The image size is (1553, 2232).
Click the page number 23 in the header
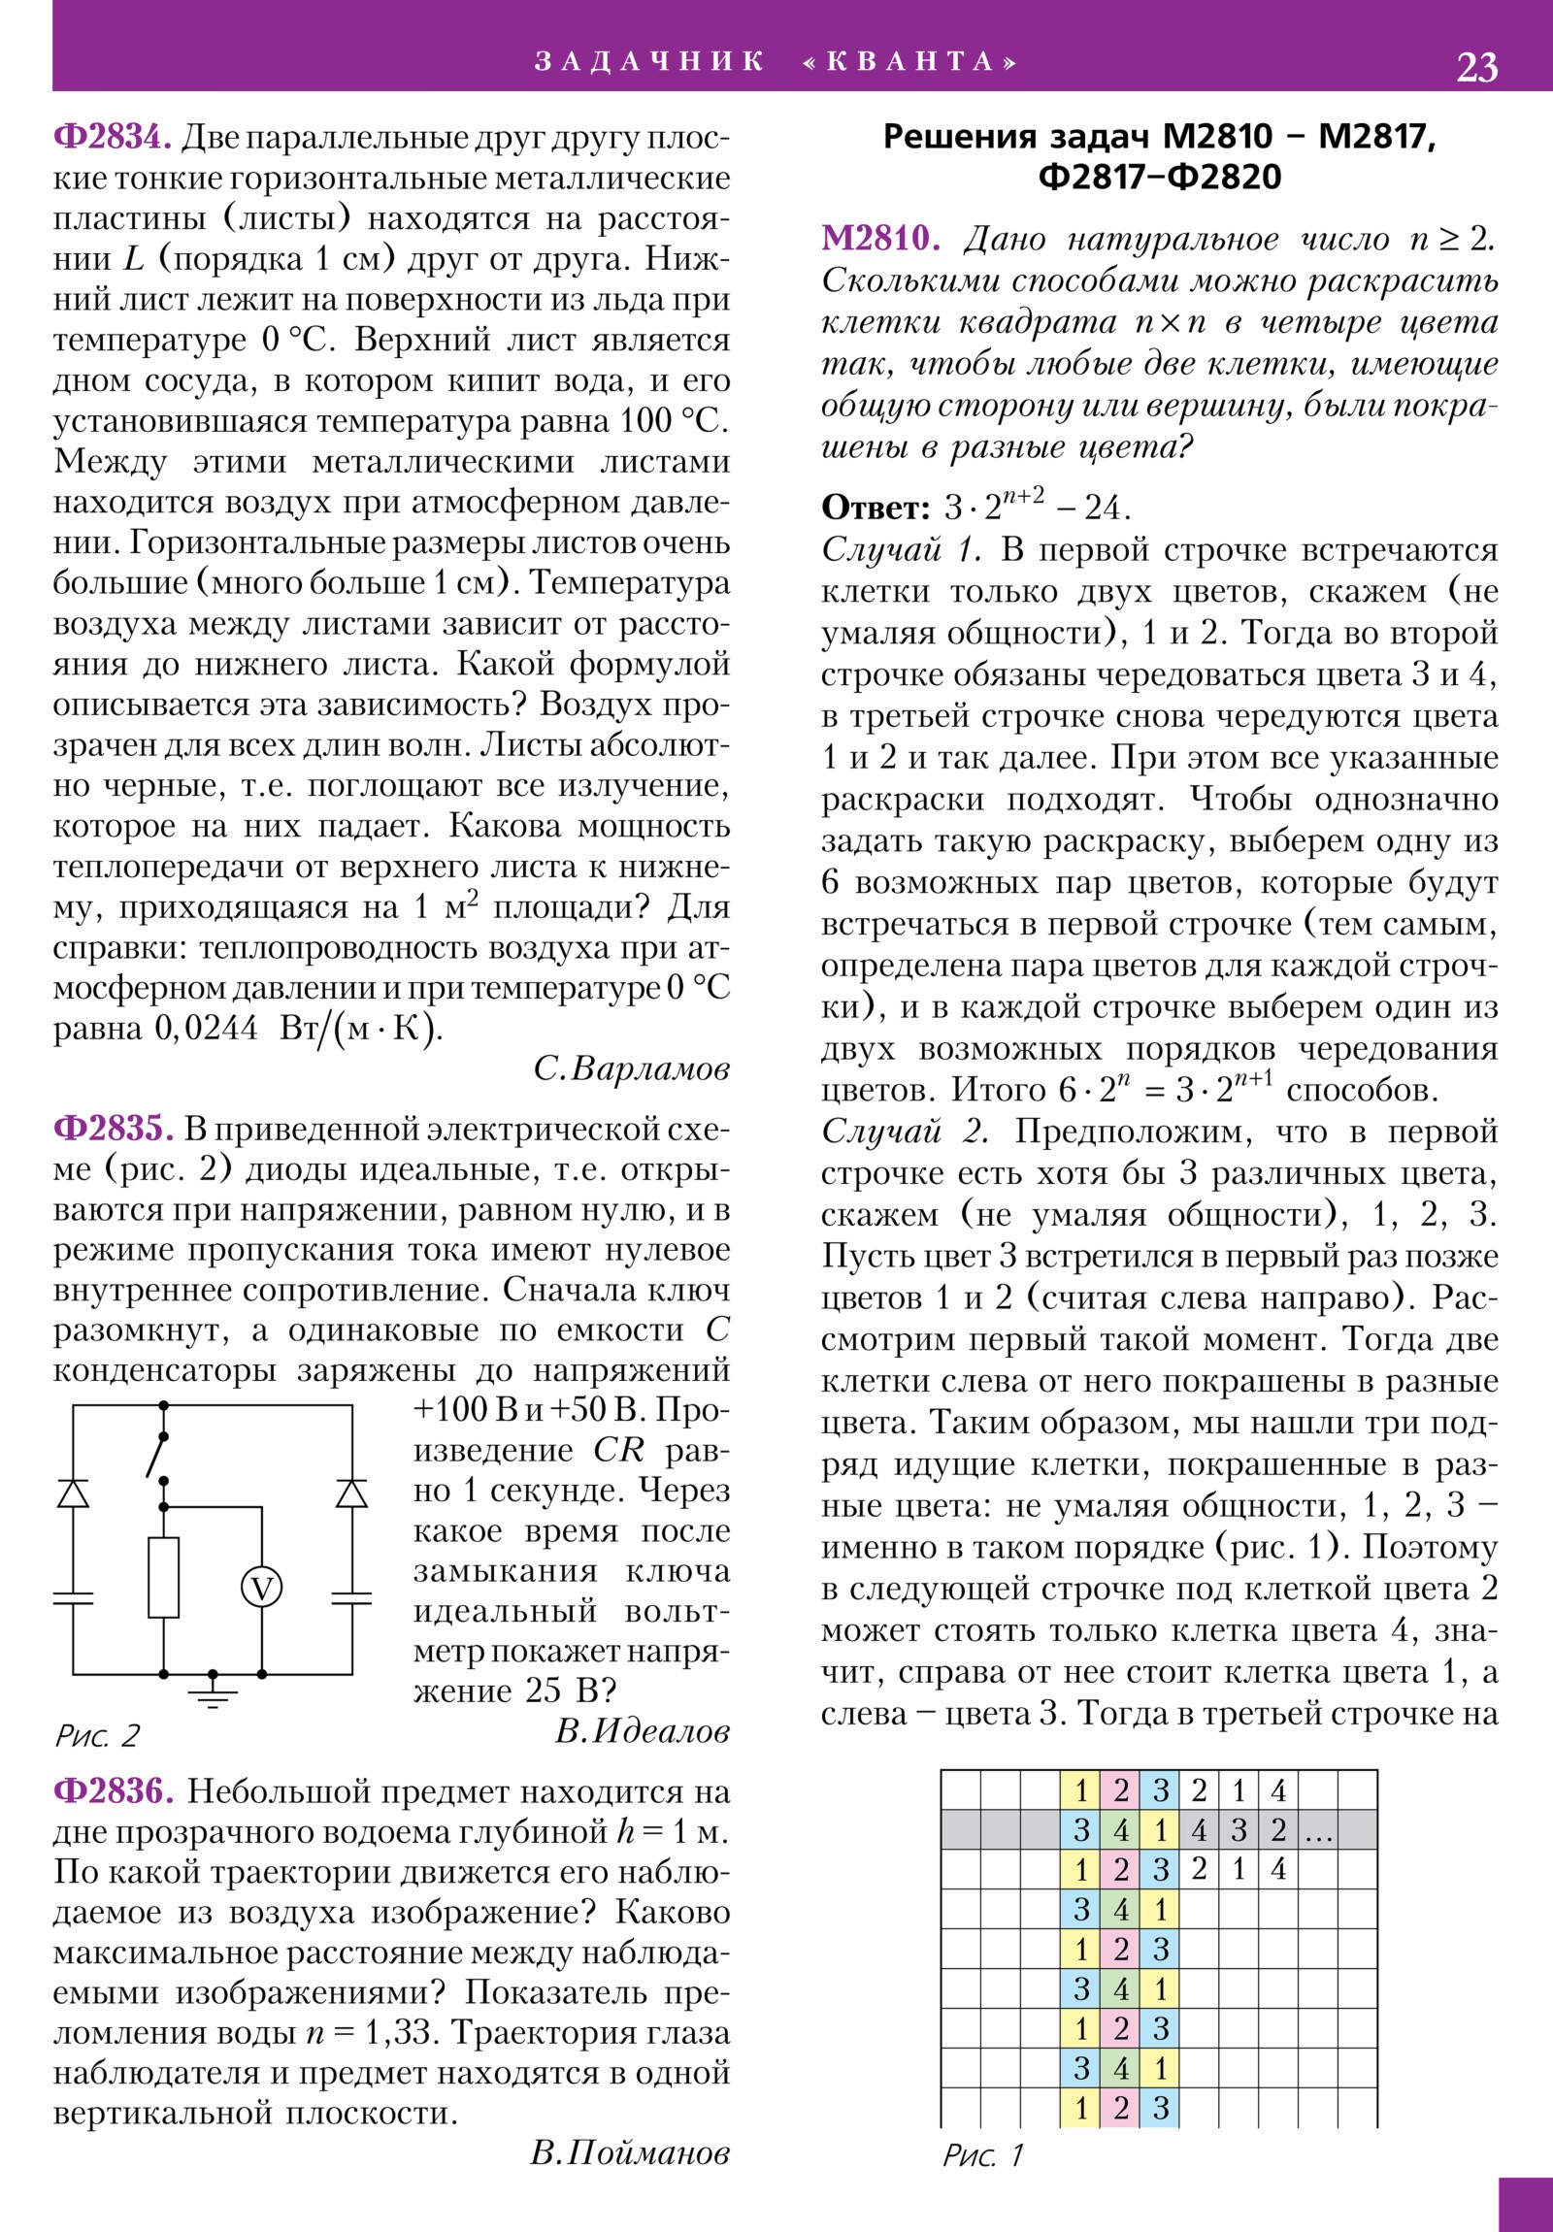pos(1476,67)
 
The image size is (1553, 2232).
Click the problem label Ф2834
pos(112,137)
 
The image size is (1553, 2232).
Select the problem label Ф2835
pos(113,1129)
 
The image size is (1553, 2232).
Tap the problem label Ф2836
pos(113,1789)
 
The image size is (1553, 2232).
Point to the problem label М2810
pos(880,239)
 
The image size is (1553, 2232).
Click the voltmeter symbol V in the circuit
pos(262,1589)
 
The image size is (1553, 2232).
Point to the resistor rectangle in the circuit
pos(163,1577)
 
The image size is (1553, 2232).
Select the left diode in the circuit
pos(73,1494)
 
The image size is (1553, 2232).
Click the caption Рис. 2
pos(96,1735)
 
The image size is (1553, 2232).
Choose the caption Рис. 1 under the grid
pos(982,2156)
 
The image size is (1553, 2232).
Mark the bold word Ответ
pos(876,508)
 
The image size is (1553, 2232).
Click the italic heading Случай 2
pos(905,1132)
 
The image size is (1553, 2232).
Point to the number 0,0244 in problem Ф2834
pos(206,1028)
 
